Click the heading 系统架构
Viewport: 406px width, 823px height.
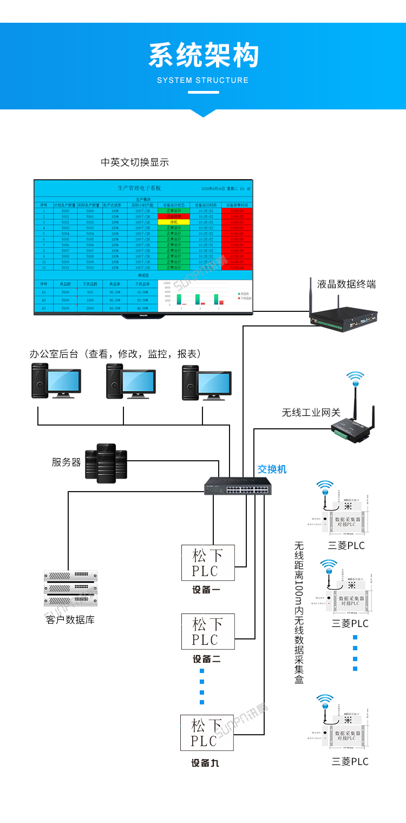pos(203,56)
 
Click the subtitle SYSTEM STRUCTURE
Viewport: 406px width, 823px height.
pos(203,80)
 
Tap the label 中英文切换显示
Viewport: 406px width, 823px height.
pos(135,162)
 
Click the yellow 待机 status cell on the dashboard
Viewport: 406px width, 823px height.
pos(174,222)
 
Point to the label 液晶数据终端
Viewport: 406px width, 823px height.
pos(346,284)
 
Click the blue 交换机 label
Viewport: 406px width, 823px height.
pos(272,469)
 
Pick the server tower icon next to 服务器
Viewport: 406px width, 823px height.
pos(106,463)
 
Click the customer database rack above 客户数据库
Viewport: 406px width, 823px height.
pos(70,588)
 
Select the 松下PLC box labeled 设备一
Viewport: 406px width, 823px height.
pos(208,563)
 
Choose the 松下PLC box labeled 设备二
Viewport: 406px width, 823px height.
pos(208,632)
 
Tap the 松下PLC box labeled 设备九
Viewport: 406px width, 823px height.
pos(207,733)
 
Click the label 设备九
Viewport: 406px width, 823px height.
pos(205,763)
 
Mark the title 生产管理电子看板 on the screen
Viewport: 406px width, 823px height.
pos(139,188)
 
